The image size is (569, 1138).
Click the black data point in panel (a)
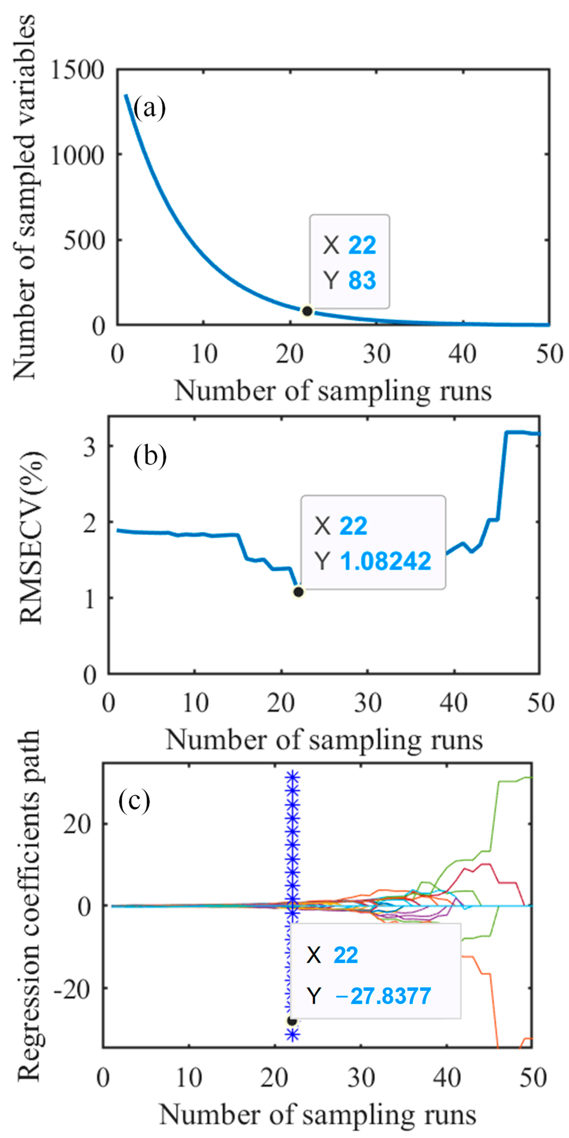307,311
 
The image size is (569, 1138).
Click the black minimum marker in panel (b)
299,591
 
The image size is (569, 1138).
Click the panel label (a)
149,107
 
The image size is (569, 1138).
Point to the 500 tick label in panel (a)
84,241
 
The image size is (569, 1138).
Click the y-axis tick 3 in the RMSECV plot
89,447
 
